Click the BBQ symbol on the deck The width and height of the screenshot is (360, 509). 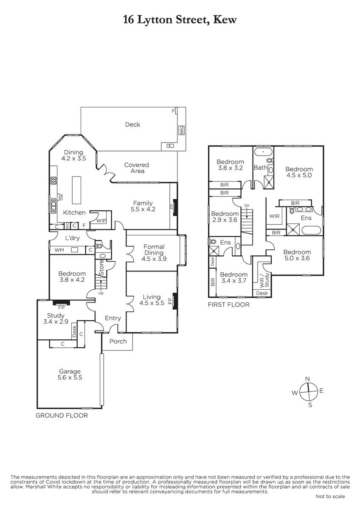[181, 130]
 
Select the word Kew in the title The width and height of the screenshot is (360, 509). [225, 20]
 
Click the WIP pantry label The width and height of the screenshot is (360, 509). [101, 221]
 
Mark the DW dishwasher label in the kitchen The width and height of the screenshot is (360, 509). [61, 197]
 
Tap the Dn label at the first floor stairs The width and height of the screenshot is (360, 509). [247, 206]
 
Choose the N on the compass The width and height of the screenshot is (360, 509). [307, 379]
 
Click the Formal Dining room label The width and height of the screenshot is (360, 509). [154, 249]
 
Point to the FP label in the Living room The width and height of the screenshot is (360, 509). [170, 301]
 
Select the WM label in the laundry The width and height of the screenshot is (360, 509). [59, 250]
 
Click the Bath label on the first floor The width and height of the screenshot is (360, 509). [261, 168]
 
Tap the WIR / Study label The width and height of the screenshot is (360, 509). [264, 280]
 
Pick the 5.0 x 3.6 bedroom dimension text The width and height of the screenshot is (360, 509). [297, 258]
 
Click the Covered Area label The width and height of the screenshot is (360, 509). [136, 168]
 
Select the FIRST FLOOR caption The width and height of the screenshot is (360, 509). [229, 305]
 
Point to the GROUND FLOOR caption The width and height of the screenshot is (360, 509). [62, 416]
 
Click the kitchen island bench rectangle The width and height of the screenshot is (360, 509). [77, 190]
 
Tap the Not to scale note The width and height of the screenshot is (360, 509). [330, 497]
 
